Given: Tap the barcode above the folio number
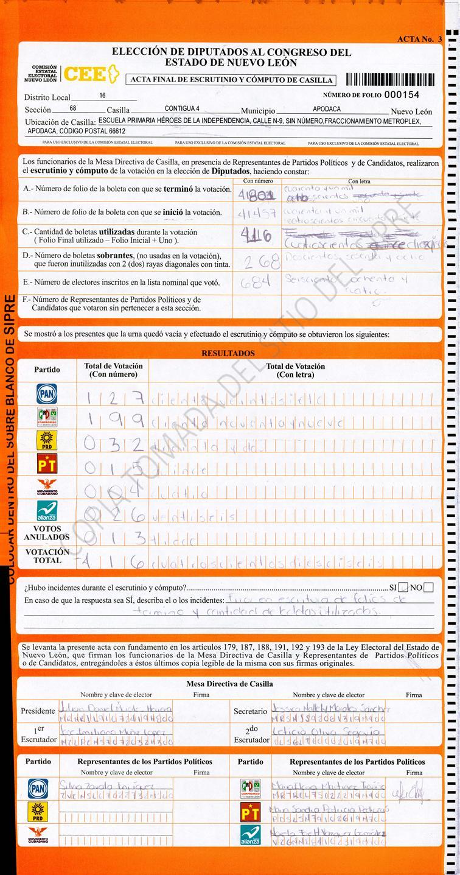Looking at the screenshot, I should [389, 79].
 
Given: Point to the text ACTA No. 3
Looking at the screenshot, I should [419, 39].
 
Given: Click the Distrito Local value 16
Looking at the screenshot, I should [102, 96].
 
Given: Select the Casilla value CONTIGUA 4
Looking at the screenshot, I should [182, 109].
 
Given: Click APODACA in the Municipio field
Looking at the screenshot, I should [327, 109].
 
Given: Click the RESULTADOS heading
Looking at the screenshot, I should [228, 353].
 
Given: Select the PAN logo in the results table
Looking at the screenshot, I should [47, 393].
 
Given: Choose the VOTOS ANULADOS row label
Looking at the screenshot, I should [47, 533].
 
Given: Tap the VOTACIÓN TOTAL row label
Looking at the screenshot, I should [47, 556].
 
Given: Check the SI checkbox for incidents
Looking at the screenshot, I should [403, 588].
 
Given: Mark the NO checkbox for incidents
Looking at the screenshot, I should [428, 588].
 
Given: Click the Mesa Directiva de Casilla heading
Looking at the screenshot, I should [229, 684].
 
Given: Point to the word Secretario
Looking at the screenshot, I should [250, 711].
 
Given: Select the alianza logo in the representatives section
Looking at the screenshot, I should [250, 834].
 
